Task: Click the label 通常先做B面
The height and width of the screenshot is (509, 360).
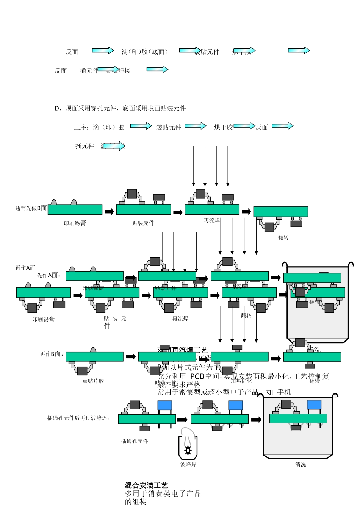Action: point(31,208)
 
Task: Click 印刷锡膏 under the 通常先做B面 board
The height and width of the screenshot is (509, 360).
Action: point(75,223)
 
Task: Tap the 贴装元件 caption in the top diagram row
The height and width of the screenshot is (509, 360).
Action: point(143,223)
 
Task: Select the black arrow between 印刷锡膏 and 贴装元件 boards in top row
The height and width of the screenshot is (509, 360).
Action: point(109,211)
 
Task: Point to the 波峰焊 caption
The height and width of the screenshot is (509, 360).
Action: point(188,464)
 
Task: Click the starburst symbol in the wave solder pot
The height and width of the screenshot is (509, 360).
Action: point(188,450)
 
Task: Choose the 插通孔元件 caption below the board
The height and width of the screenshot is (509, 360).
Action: point(135,441)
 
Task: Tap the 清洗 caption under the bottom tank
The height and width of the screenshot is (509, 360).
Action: point(301,464)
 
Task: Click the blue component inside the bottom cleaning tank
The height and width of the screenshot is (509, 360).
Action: point(314,405)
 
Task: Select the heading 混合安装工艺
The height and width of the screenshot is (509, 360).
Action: point(146,485)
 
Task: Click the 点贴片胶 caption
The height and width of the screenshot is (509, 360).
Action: point(93,381)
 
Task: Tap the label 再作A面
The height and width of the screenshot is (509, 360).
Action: point(25,268)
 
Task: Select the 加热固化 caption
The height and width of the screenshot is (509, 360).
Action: point(241,381)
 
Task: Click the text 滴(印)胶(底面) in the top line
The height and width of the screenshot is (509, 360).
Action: point(145,52)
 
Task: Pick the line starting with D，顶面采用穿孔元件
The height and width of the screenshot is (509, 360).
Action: point(120,108)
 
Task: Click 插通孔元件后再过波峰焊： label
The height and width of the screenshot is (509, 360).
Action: point(78,418)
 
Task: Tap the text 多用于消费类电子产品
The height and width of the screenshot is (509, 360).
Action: point(163,493)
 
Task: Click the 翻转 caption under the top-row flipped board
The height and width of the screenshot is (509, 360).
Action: point(283,237)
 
